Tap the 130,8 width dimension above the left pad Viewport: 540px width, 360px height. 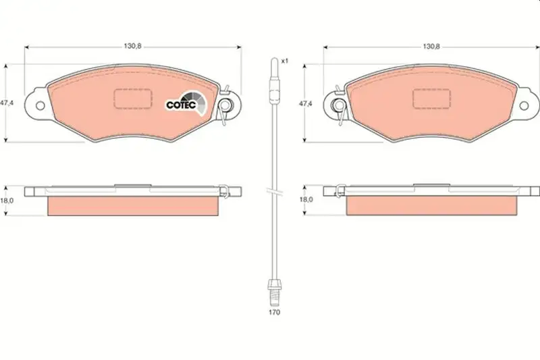[133, 46]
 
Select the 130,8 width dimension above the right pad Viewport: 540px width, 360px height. [431, 46]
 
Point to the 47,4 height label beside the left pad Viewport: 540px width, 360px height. [7, 103]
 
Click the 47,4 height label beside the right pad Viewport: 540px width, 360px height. [306, 103]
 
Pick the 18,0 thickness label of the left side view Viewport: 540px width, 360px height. [7, 200]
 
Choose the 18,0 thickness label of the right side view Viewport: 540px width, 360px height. [306, 199]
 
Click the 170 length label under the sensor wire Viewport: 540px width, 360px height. [275, 312]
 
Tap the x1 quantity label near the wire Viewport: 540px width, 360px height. [284, 61]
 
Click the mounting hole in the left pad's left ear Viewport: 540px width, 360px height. [40, 105]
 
